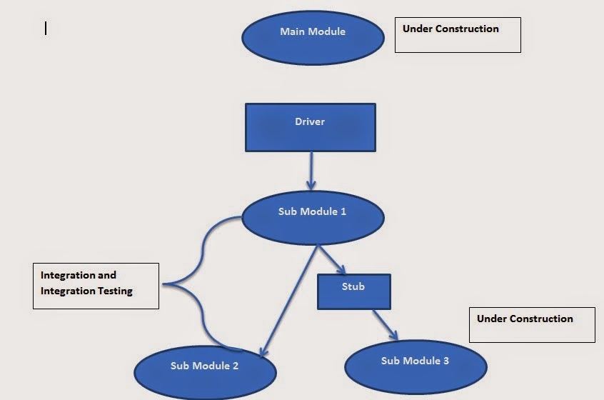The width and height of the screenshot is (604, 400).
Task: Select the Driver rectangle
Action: coord(310,127)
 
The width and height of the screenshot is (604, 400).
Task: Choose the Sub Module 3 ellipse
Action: coord(416,366)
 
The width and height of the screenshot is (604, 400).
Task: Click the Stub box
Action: coord(353,291)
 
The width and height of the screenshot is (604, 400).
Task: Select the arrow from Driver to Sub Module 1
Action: coord(311,170)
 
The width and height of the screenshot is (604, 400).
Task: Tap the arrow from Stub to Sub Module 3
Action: coord(384,324)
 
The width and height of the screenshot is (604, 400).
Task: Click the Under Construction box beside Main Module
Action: coord(458,35)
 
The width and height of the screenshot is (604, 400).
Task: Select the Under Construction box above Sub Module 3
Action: coord(532,325)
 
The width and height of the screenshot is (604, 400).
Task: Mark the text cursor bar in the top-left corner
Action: coord(46,28)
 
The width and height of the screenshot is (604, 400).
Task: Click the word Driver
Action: coord(310,121)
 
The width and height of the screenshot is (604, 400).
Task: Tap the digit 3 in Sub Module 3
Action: coord(446,361)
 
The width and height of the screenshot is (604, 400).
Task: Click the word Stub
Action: coord(353,286)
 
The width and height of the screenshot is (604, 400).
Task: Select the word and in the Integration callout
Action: coord(106,275)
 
